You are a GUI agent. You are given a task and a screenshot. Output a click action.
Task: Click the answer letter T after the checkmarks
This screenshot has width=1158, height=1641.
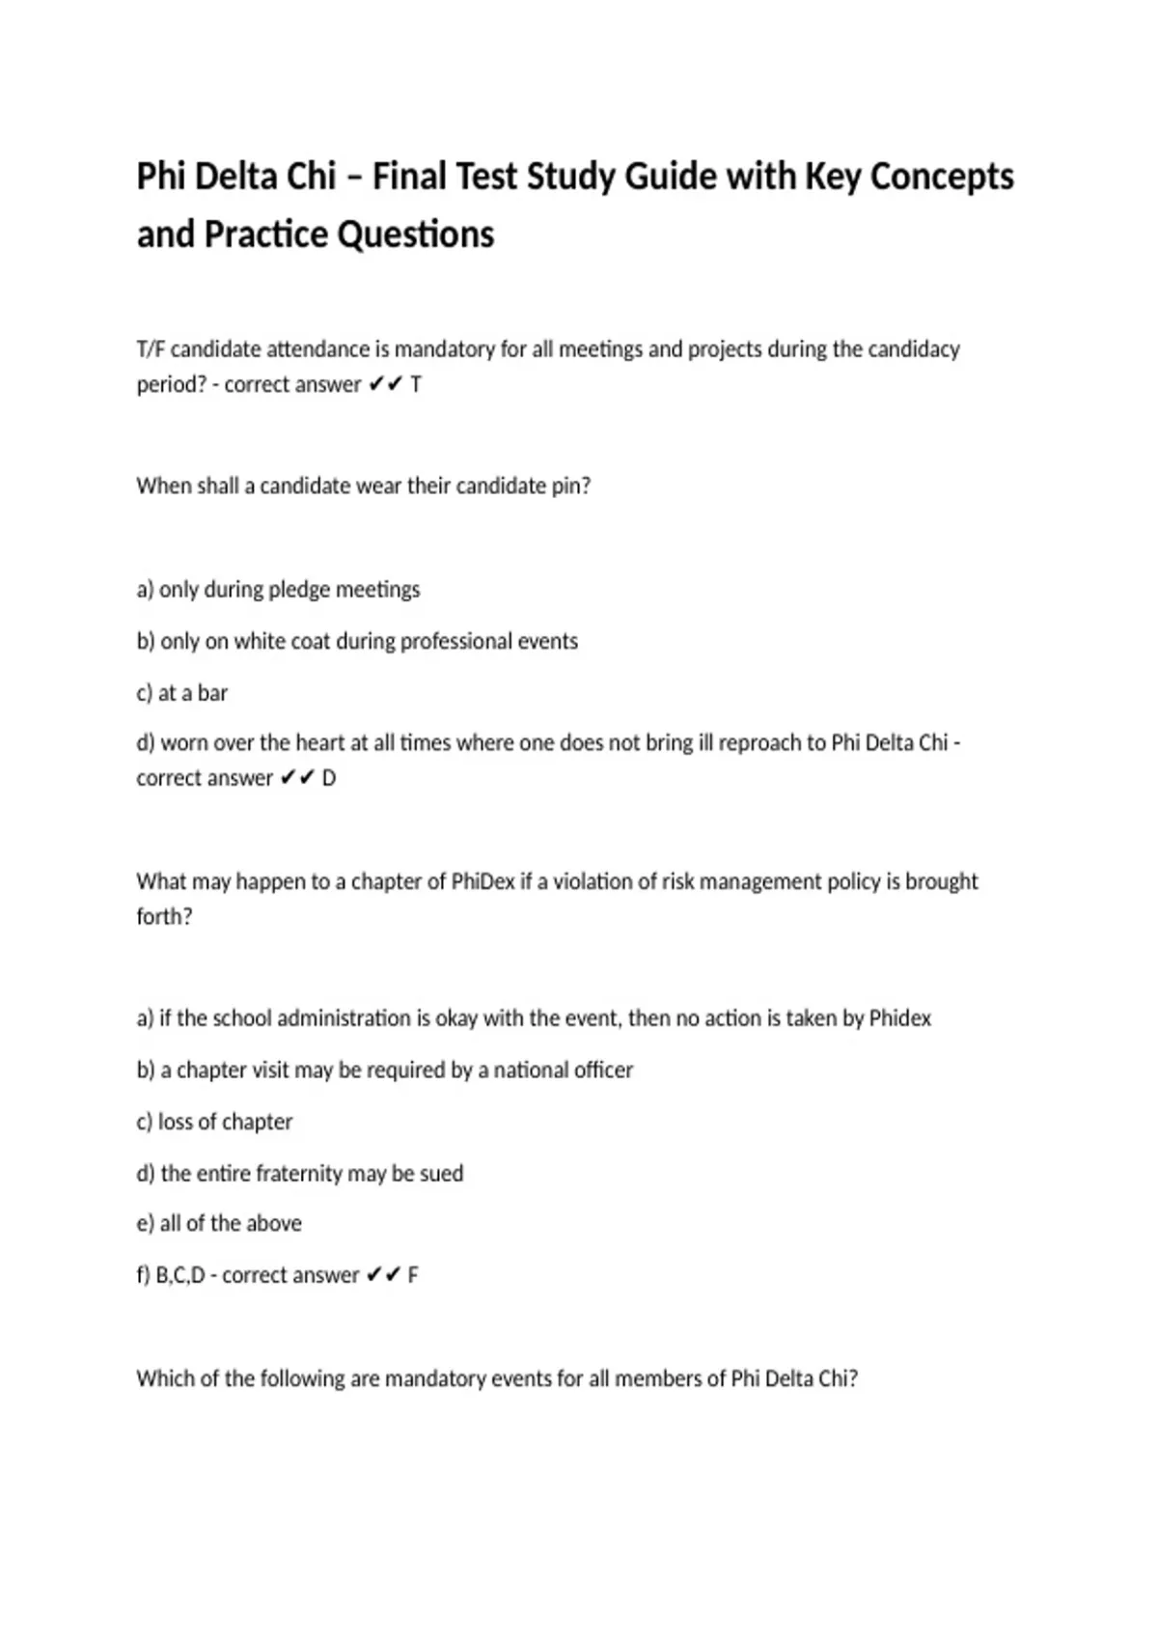tap(416, 384)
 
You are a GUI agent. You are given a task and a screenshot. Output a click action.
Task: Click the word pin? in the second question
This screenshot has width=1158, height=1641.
tap(570, 486)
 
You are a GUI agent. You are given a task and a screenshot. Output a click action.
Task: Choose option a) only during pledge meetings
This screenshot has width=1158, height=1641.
tap(278, 589)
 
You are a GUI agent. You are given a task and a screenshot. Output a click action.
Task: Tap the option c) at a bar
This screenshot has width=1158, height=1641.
tap(181, 693)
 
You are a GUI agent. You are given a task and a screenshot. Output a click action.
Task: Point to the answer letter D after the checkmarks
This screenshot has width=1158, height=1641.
tap(329, 778)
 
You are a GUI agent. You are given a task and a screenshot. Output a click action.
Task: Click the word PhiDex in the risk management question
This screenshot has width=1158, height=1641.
tap(482, 881)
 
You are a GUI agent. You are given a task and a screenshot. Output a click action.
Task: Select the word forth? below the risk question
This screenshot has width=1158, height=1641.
tap(164, 916)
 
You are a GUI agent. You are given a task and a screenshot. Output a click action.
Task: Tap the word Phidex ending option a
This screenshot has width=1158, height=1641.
tap(899, 1018)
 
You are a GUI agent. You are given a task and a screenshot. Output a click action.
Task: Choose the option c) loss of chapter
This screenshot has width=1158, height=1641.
tap(214, 1122)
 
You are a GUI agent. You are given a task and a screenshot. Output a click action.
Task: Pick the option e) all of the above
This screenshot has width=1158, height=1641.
tap(219, 1224)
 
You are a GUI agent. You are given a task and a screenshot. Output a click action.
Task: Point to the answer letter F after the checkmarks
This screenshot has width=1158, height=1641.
tap(413, 1275)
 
